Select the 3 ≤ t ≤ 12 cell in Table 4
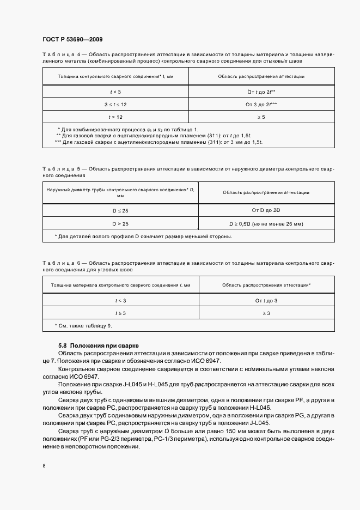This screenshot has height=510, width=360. point(115,104)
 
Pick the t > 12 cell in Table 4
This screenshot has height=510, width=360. point(115,117)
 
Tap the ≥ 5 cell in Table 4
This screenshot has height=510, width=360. point(261,117)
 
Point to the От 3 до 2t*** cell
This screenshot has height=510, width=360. point(261,104)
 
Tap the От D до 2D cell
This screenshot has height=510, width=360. point(266,210)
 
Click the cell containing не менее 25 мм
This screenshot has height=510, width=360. point(266,223)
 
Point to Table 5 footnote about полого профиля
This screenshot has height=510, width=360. point(143,236)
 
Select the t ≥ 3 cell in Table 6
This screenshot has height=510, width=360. point(120,313)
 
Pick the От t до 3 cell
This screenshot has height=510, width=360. point(266,300)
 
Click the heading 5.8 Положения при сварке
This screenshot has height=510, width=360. point(99,345)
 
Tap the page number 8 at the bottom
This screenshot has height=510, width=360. point(44,466)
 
